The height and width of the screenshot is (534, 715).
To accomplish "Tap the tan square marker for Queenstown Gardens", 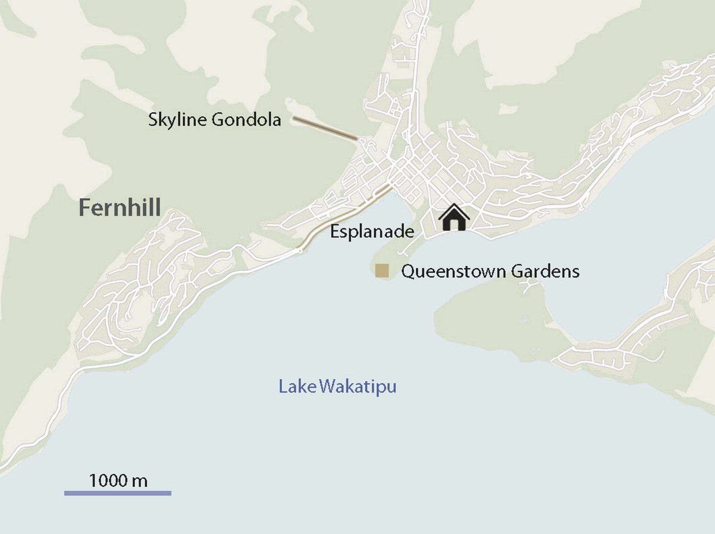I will pyautogui.click(x=382, y=271).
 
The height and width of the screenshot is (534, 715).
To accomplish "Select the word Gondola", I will pyautogui.click(x=246, y=120).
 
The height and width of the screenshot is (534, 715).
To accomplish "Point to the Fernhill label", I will pyautogui.click(x=120, y=208).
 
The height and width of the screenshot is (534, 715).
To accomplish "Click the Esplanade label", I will pyautogui.click(x=372, y=232).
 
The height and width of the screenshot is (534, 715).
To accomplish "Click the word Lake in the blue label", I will pyautogui.click(x=297, y=387).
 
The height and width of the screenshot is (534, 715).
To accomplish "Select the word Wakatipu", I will pyautogui.click(x=357, y=387).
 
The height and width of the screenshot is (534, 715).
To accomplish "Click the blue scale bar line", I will pyautogui.click(x=118, y=493).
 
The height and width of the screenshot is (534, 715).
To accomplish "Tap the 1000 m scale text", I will pyautogui.click(x=118, y=481).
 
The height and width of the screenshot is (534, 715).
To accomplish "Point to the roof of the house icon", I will pyautogui.click(x=454, y=208).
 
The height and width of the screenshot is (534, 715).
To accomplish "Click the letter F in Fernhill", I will pyautogui.click(x=85, y=208).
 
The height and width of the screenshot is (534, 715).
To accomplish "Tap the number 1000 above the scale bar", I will pyautogui.click(x=108, y=481).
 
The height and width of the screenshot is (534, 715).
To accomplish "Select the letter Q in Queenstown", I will pyautogui.click(x=408, y=271).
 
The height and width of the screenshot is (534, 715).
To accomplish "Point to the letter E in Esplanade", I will pyautogui.click(x=335, y=232).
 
